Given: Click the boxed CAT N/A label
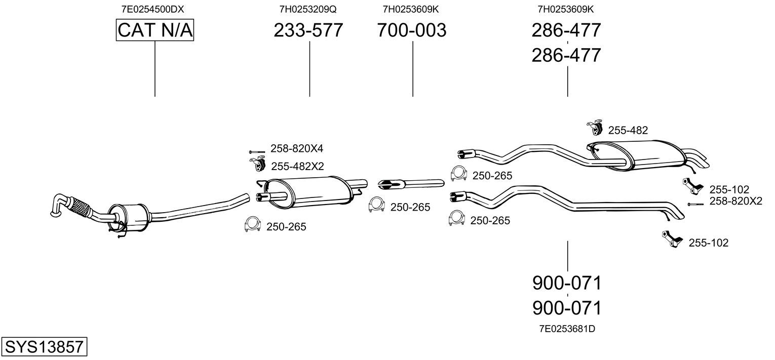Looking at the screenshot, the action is (x=154, y=30).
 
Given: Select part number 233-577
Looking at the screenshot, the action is (x=308, y=30).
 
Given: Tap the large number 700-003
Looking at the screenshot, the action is (x=411, y=30).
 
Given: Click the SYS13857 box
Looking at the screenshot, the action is (x=44, y=346).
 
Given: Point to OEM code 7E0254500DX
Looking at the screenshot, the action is (x=152, y=9).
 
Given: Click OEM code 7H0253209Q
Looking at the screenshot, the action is (x=308, y=9).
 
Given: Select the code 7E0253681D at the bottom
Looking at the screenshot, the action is (x=567, y=329).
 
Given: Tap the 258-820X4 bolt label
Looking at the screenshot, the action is (x=296, y=148).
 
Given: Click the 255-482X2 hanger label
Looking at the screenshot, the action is (x=297, y=167).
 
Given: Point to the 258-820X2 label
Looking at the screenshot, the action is (x=735, y=201).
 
